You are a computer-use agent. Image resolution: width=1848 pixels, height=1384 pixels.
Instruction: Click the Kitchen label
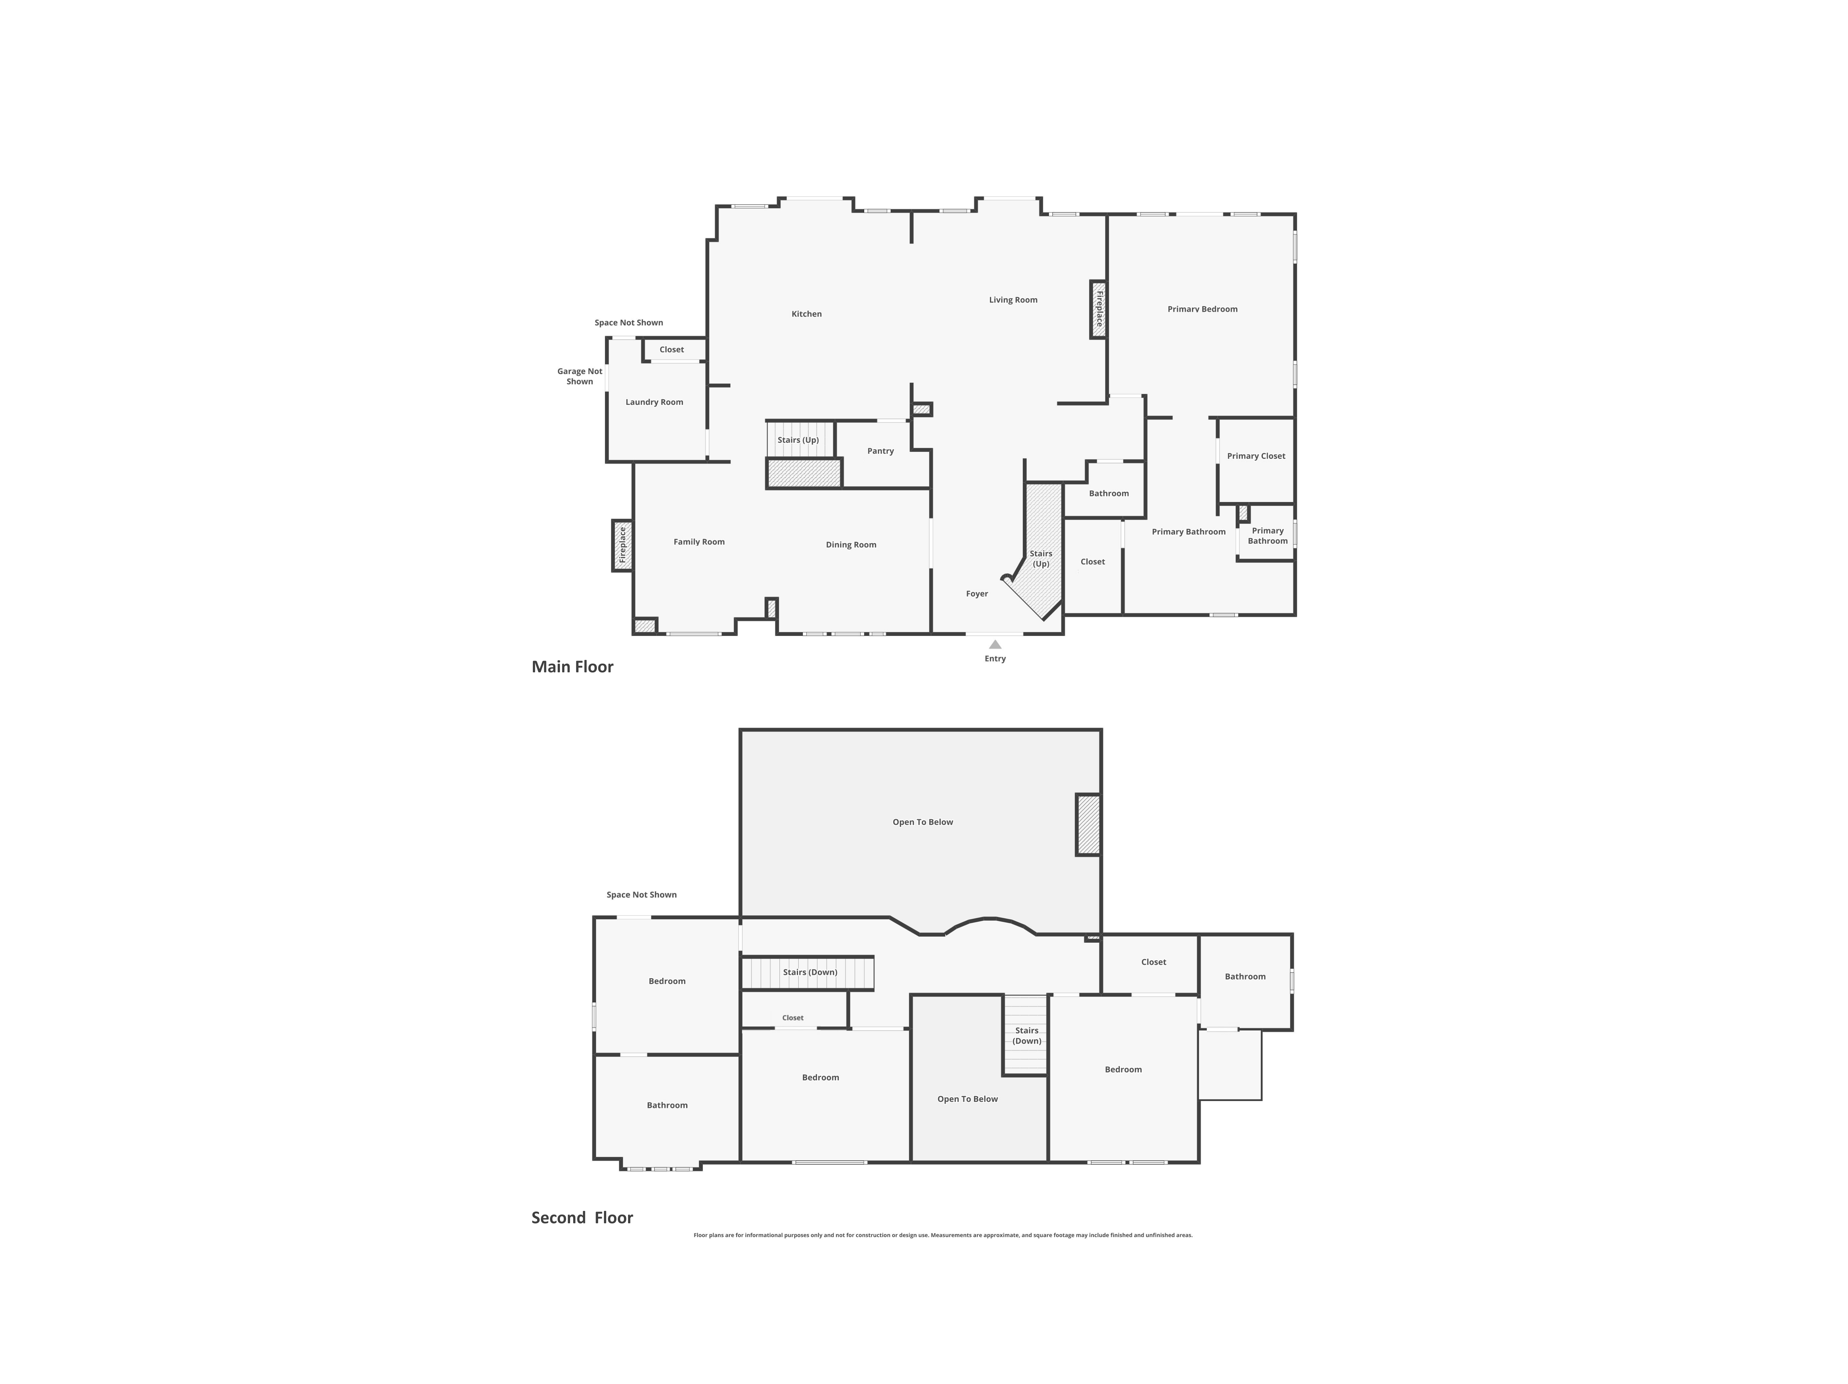click(x=806, y=314)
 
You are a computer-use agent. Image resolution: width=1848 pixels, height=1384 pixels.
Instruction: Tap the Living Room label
click(x=1013, y=300)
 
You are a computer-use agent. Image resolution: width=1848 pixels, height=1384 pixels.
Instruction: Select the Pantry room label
click(x=880, y=451)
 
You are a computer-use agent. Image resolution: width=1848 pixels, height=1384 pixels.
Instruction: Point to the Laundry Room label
click(x=654, y=402)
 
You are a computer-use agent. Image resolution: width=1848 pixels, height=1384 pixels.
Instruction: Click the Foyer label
click(x=977, y=594)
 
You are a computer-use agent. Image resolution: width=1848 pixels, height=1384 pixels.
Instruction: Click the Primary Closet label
click(x=1256, y=456)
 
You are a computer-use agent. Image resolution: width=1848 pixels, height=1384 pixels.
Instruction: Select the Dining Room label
click(x=850, y=544)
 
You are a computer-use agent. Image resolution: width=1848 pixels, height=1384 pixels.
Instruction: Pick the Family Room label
click(x=699, y=542)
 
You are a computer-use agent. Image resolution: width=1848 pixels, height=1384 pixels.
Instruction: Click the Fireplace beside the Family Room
click(x=622, y=545)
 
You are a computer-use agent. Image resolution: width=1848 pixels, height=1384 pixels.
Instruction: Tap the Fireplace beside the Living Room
click(x=1099, y=309)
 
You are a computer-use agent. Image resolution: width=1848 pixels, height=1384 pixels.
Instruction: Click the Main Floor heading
click(x=572, y=666)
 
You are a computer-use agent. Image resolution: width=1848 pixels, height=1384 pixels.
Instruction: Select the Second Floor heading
click(x=582, y=1218)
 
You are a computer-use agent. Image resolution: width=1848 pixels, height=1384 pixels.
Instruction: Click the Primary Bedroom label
click(x=1202, y=309)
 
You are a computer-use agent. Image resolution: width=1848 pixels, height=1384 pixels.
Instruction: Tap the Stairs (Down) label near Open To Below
click(x=1027, y=1036)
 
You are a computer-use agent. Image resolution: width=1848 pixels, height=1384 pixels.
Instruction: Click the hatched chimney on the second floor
click(x=1088, y=824)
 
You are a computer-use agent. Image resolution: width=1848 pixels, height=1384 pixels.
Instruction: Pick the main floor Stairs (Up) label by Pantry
click(x=798, y=440)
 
